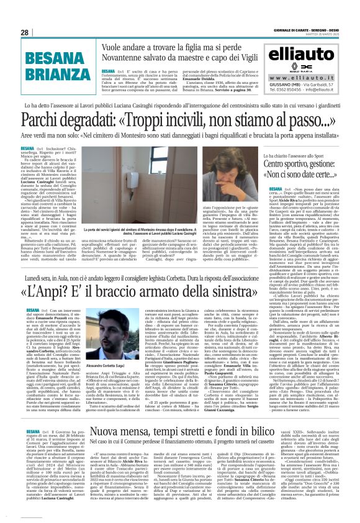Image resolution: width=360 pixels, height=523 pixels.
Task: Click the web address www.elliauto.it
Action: (310, 76)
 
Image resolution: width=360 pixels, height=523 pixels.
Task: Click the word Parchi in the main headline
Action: (39, 117)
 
